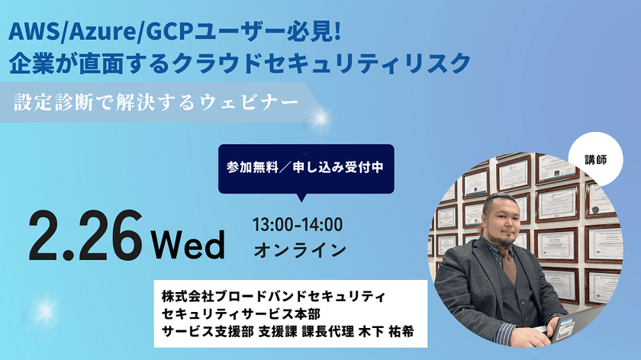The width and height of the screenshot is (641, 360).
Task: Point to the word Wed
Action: pos(188,245)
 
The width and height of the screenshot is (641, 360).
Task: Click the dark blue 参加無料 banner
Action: pos(305,168)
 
